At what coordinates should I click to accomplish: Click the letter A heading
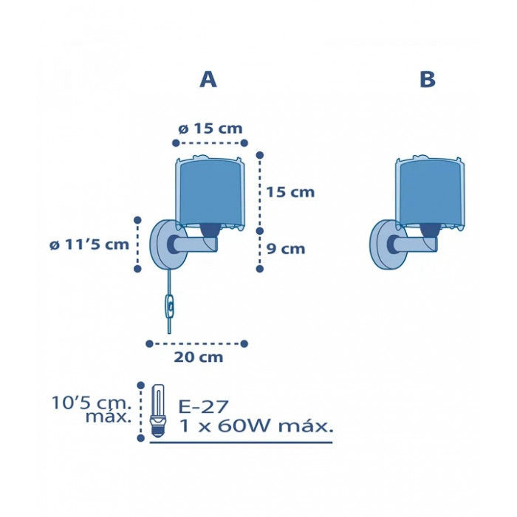click(x=208, y=80)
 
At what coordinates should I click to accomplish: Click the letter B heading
click(x=427, y=80)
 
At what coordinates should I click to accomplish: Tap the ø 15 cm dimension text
click(x=210, y=128)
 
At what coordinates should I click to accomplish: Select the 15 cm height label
click(x=290, y=192)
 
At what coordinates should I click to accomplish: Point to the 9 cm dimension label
click(x=286, y=249)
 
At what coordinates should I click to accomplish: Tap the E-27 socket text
click(x=205, y=406)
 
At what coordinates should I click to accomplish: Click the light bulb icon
click(x=157, y=411)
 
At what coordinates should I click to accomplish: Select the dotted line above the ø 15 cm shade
click(x=210, y=141)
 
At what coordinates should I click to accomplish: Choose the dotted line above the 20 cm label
click(x=197, y=343)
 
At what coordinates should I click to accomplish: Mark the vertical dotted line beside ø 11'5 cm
click(x=137, y=244)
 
